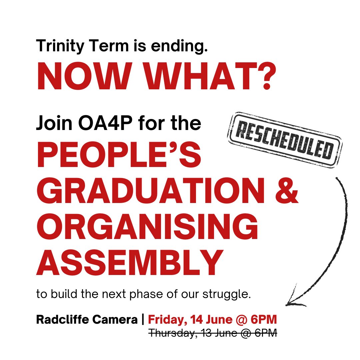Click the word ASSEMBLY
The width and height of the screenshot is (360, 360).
click(x=130, y=265)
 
